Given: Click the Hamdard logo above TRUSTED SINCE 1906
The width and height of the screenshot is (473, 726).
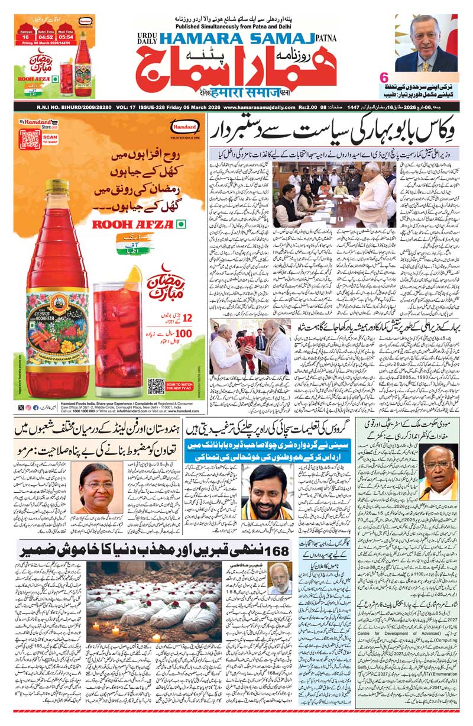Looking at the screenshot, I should click(x=182, y=127).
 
